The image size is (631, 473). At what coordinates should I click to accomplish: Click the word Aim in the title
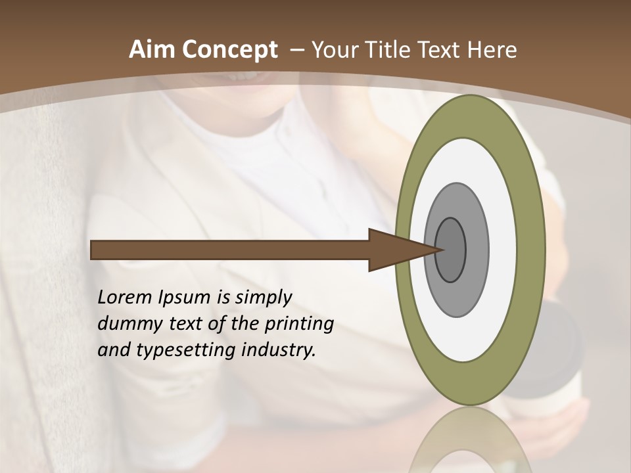[152, 50]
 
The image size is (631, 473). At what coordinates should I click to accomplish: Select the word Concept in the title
[230, 50]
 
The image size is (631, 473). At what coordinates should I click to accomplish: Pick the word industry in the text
[279, 350]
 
